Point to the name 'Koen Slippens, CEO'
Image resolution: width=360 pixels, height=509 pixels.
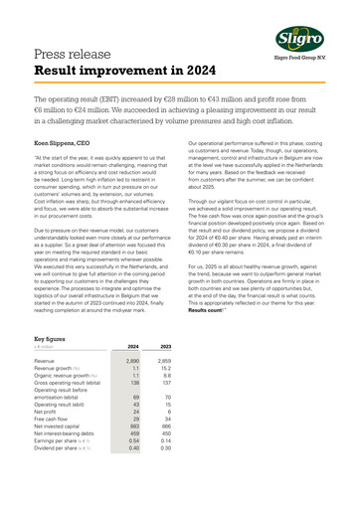tap(67, 145)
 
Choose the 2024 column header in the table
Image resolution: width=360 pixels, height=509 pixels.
tap(127, 374)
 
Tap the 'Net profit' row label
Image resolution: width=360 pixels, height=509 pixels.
tap(47, 439)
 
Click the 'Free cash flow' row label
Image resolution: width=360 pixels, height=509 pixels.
tap(53, 448)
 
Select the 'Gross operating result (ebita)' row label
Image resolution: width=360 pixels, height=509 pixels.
tap(68, 415)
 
